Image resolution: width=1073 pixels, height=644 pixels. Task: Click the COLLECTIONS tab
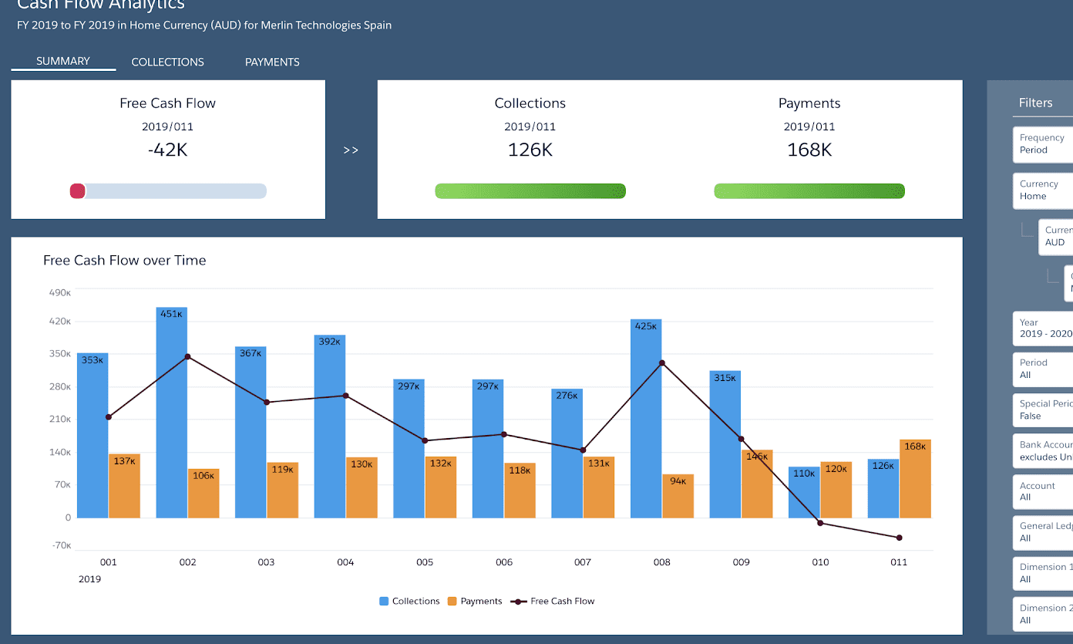pos(167,62)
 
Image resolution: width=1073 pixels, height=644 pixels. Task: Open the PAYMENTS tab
pos(272,62)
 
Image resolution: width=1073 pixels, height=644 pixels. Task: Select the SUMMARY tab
pos(63,61)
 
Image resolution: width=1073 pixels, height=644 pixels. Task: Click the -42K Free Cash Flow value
pos(167,150)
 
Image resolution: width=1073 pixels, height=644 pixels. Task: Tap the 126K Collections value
pos(530,150)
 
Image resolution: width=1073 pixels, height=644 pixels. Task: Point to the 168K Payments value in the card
pos(809,150)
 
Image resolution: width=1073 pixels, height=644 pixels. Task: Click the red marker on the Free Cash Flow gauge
pos(78,191)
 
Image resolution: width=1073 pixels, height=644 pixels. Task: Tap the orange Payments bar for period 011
pos(915,478)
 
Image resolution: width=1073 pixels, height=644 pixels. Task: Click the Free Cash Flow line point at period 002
pos(188,356)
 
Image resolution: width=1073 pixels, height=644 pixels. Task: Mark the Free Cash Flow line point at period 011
pos(900,538)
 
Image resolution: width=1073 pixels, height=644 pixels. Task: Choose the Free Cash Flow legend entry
pos(556,601)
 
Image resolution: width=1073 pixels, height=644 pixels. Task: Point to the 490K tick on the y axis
pos(60,292)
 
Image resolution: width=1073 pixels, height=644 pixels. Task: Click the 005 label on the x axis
pos(425,562)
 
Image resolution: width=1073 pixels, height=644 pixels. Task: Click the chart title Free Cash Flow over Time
pos(125,261)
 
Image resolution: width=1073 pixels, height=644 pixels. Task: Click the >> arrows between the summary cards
pos(351,150)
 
